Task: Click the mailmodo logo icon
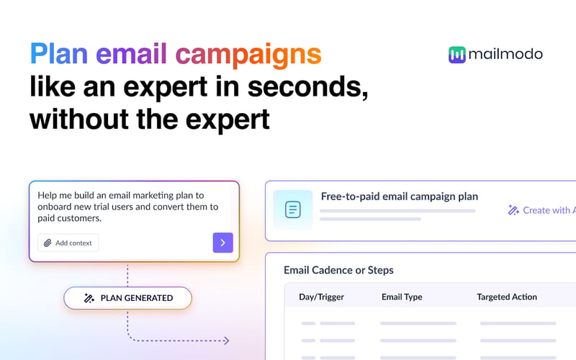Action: point(456,55)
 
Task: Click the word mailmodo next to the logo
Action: point(505,55)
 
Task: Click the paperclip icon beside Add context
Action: point(48,243)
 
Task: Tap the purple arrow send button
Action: point(222,243)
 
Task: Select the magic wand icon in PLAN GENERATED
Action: point(89,298)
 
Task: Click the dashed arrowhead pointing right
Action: point(225,341)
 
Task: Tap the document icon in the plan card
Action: point(292,210)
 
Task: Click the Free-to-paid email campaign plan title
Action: point(399,196)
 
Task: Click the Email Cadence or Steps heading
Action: point(338,270)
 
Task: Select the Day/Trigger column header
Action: point(321,297)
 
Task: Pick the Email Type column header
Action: point(402,297)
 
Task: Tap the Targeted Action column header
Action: point(506,297)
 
